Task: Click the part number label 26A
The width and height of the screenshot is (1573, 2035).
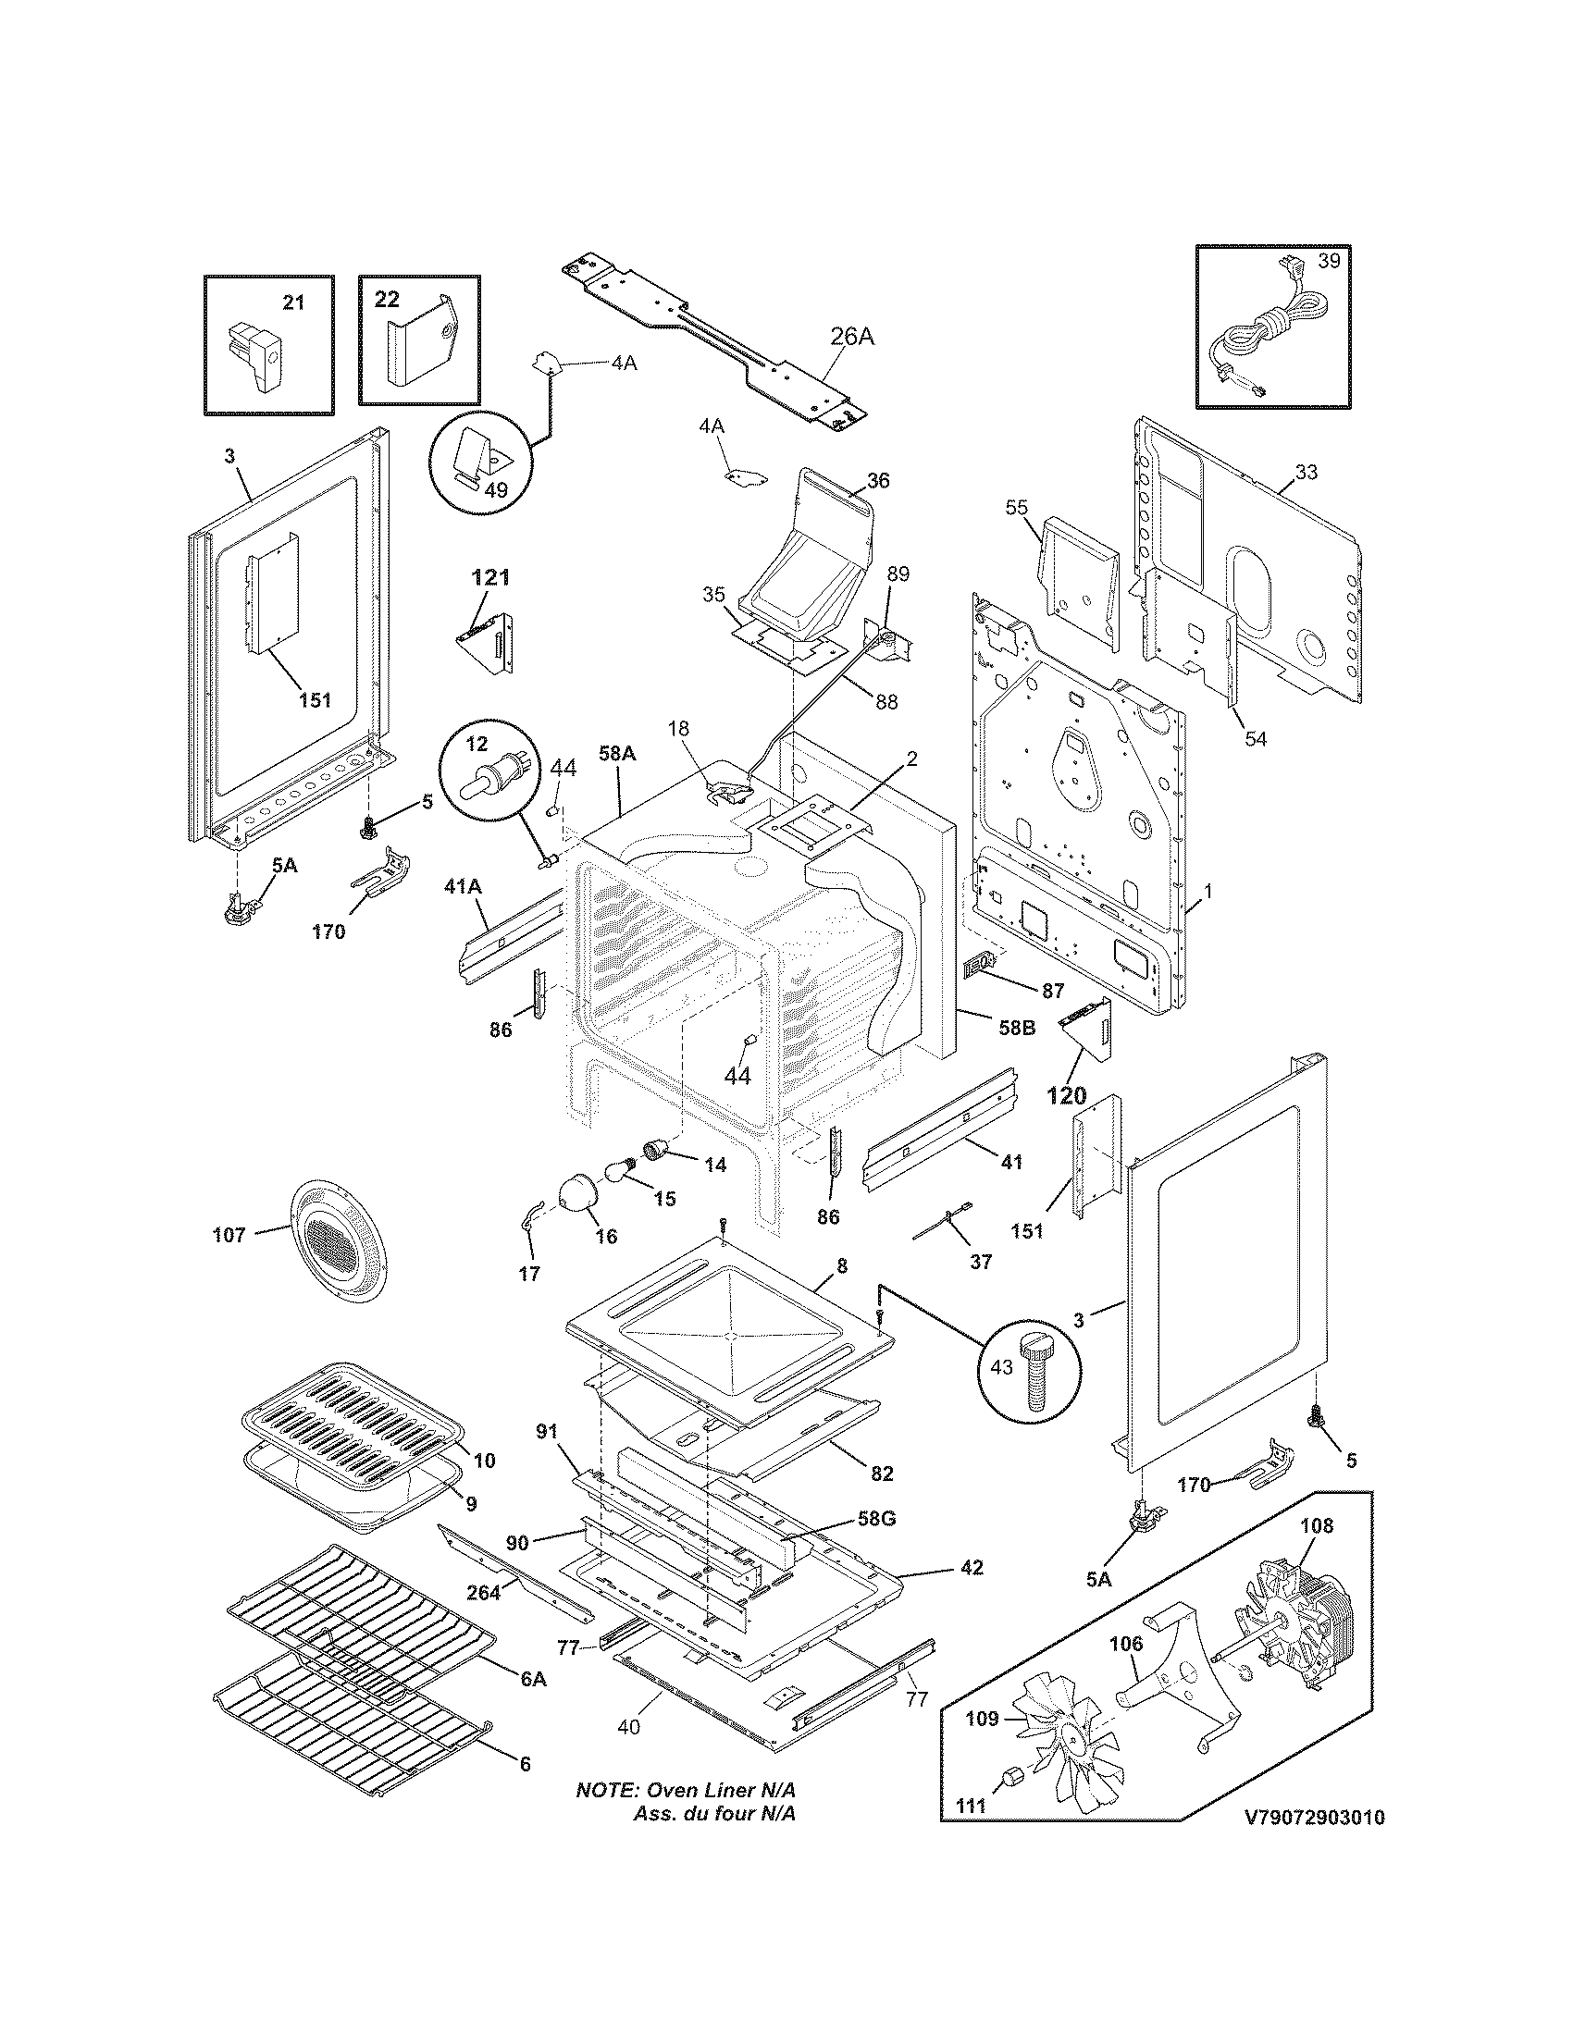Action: coord(850,337)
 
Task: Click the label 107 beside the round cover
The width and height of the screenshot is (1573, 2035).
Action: coord(229,1236)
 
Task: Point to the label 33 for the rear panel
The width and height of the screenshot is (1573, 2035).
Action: coord(1306,473)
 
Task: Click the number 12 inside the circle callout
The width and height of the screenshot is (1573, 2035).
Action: coord(477,745)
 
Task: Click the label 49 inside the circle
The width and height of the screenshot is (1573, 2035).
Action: coord(496,488)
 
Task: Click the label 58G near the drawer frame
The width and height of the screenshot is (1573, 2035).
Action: coord(876,1519)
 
